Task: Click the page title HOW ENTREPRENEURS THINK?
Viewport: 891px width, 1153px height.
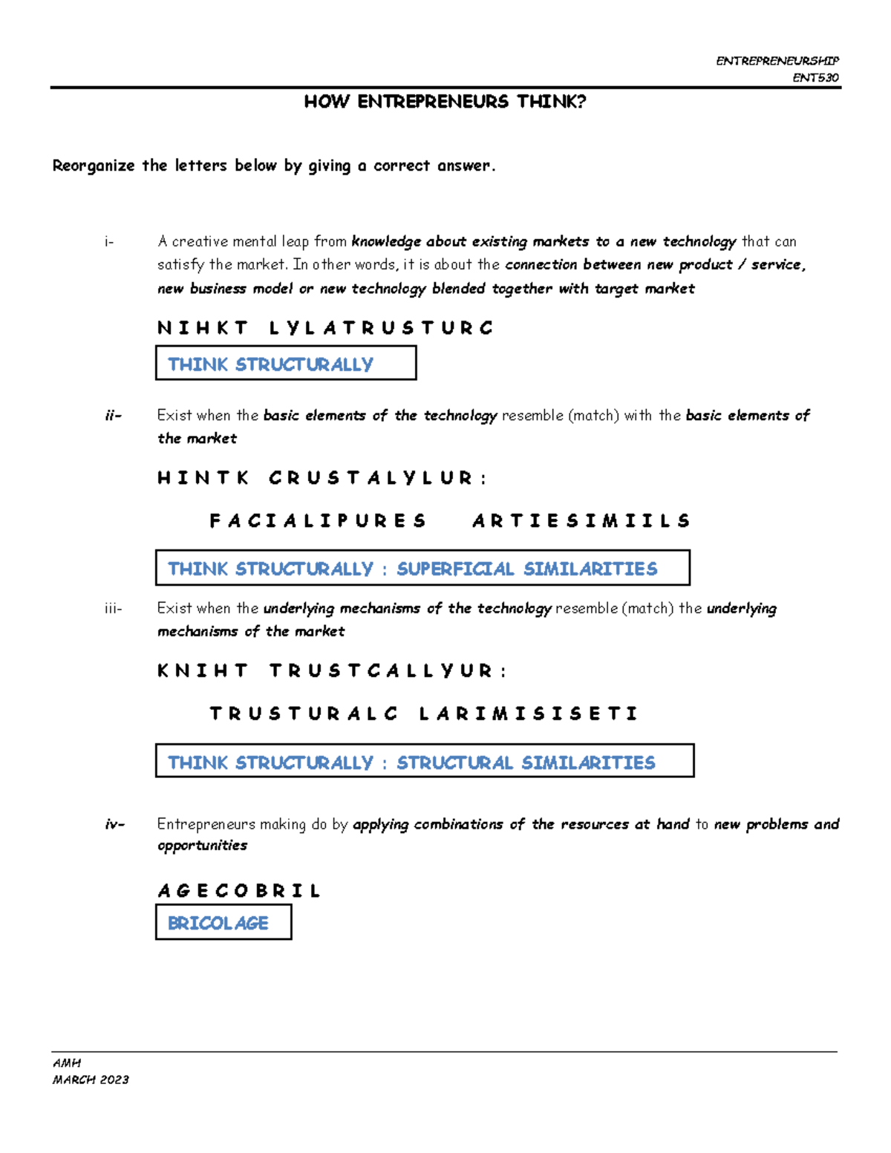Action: pyautogui.click(x=445, y=102)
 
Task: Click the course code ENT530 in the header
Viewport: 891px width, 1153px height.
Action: pyautogui.click(x=815, y=78)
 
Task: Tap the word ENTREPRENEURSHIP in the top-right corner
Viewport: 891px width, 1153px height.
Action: pyautogui.click(x=777, y=61)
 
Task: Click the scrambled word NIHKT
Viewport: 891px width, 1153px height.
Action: pyautogui.click(x=203, y=328)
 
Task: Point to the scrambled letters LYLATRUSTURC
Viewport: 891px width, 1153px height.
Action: pyautogui.click(x=381, y=328)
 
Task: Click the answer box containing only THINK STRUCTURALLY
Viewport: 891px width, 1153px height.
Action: pyautogui.click(x=285, y=364)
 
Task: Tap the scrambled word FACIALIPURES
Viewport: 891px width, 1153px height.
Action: pyautogui.click(x=318, y=521)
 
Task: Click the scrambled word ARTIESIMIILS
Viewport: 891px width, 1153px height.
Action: pyautogui.click(x=581, y=521)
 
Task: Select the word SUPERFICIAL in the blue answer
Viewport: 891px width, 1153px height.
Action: pyautogui.click(x=455, y=569)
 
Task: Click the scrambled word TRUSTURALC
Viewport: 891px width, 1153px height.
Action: pyautogui.click(x=304, y=714)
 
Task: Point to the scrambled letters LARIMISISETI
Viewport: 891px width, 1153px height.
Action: pyautogui.click(x=528, y=714)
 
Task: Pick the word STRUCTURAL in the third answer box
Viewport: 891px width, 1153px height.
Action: pyautogui.click(x=454, y=763)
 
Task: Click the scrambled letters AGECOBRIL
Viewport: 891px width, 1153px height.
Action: pyautogui.click(x=238, y=891)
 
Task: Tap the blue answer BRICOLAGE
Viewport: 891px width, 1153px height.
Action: pyautogui.click(x=218, y=924)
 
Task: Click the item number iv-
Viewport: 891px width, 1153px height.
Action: pyautogui.click(x=114, y=824)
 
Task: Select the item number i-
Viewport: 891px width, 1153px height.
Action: pyautogui.click(x=109, y=242)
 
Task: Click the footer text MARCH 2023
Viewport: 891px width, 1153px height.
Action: pyautogui.click(x=91, y=1079)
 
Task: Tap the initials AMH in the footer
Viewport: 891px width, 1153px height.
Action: pyautogui.click(x=66, y=1063)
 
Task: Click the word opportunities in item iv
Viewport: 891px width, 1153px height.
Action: pyautogui.click(x=202, y=846)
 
